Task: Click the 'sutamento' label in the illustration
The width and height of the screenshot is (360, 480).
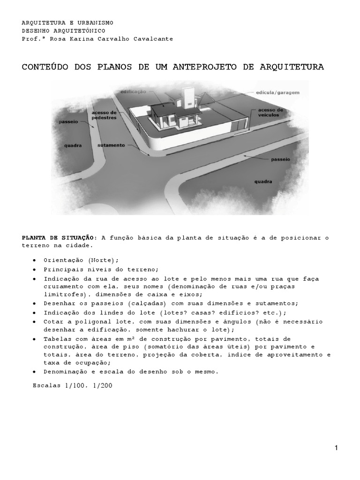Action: click(x=112, y=145)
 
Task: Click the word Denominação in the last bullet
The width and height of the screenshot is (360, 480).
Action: click(x=63, y=372)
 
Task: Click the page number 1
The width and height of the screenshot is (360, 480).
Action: click(x=336, y=448)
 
